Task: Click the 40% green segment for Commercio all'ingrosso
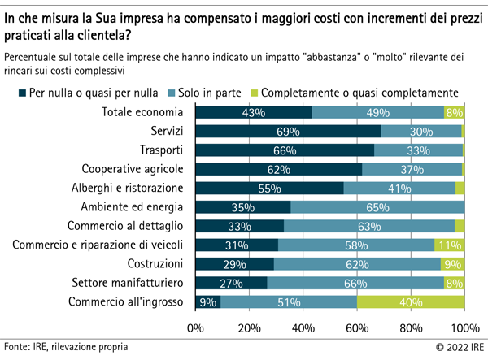pos(411,302)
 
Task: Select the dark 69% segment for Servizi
pos(288,131)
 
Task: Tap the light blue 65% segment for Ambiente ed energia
pos(377,206)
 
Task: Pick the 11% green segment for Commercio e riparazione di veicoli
pos(450,245)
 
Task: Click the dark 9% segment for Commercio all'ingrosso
pos(207,302)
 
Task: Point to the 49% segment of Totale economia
pos(377,112)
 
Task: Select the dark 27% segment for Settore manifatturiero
pos(231,283)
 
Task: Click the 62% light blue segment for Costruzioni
pos(357,264)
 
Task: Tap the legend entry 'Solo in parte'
pos(210,92)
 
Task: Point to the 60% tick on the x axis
pos(357,328)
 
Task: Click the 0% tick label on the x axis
pos(195,328)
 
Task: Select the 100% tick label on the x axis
pos(464,328)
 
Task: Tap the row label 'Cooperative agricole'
pos(133,169)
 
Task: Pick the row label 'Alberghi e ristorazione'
pos(129,188)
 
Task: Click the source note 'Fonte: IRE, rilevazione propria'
pos(66,347)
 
